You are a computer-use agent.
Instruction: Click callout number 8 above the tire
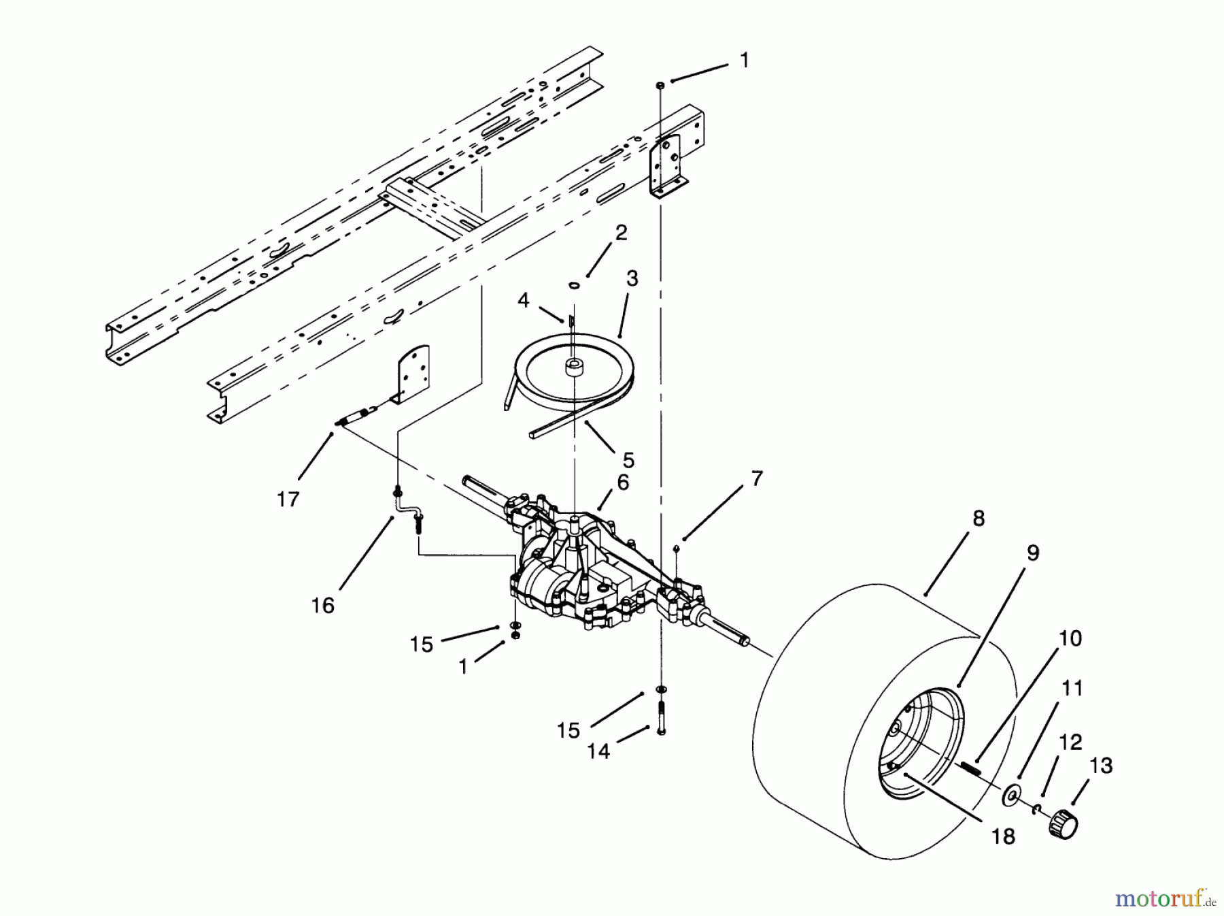(x=978, y=519)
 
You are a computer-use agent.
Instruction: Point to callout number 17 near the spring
(x=288, y=500)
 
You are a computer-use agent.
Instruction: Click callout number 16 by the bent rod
(x=323, y=605)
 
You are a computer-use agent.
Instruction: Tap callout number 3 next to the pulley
(x=632, y=279)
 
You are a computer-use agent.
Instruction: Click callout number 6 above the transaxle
(x=623, y=482)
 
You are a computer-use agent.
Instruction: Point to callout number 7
(x=758, y=478)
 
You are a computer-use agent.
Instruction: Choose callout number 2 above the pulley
(x=621, y=233)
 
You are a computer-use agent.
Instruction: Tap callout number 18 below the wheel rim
(x=1003, y=836)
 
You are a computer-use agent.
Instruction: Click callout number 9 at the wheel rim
(x=1032, y=553)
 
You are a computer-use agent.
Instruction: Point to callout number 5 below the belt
(x=628, y=461)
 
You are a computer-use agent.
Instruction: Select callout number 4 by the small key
(x=523, y=300)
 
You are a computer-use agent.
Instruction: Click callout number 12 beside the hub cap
(x=1070, y=742)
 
